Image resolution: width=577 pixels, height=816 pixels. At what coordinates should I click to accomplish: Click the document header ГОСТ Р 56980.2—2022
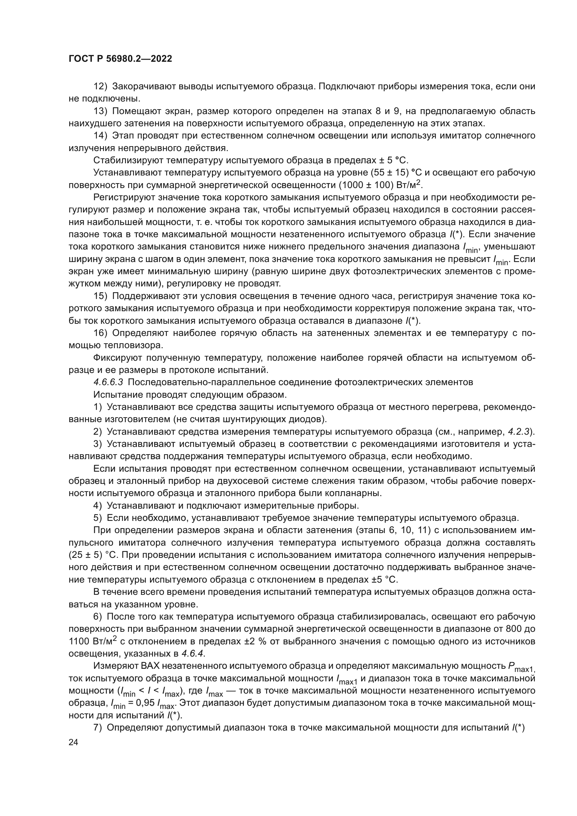point(120,59)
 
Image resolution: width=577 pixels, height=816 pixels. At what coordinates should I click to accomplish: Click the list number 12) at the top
point(100,87)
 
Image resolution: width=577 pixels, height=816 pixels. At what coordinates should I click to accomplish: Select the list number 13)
point(100,111)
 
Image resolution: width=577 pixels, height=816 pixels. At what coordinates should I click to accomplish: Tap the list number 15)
point(100,297)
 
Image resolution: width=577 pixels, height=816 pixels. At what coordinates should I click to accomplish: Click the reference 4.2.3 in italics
point(519,432)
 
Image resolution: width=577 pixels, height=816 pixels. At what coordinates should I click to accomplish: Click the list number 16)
point(100,333)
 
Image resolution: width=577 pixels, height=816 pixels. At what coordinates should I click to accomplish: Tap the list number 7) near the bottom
point(98,727)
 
